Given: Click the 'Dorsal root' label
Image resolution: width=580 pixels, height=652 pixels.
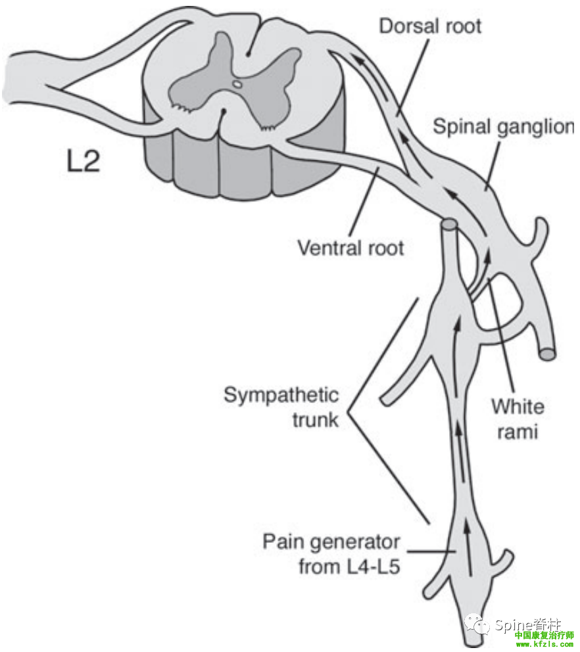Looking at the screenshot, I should (x=430, y=26).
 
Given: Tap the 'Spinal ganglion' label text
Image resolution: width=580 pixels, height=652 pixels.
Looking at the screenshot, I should (x=503, y=127).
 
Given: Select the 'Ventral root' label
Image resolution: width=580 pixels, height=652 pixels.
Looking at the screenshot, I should (x=350, y=248).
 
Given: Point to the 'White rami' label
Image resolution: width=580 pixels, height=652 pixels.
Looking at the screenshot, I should (x=518, y=419).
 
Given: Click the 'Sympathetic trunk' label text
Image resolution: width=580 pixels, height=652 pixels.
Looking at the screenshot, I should (x=281, y=407).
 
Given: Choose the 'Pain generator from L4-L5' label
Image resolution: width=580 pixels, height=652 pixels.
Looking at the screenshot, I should (x=331, y=553).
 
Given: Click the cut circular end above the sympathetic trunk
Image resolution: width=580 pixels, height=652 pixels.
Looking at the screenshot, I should (x=449, y=225).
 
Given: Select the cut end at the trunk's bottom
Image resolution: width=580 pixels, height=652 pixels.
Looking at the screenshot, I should (x=473, y=640).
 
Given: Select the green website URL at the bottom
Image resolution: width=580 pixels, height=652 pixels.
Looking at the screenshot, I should (x=544, y=645).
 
